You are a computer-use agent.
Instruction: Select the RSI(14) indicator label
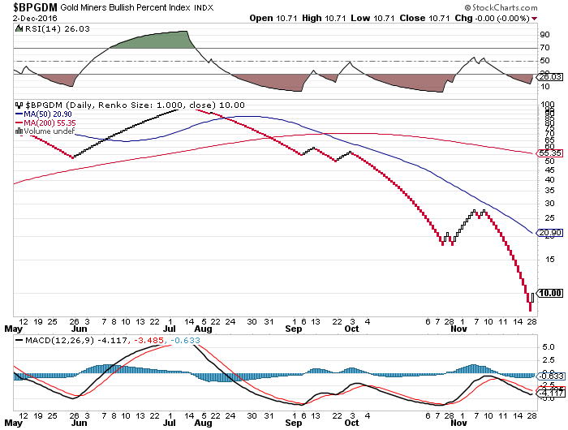41,28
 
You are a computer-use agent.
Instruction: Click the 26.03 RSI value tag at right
546,77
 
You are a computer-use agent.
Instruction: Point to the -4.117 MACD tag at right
546,393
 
